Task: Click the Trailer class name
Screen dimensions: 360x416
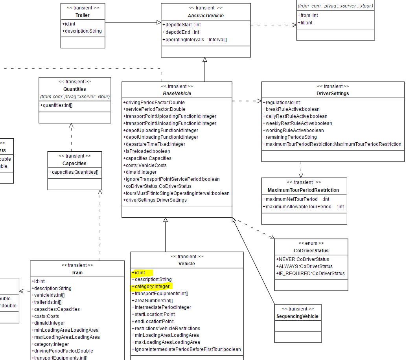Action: [83, 15]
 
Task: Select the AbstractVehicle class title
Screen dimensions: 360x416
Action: [206, 15]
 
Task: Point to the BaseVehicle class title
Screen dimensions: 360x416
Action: [177, 94]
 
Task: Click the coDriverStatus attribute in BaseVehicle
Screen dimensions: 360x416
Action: [157, 186]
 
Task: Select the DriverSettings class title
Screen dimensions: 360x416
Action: [333, 94]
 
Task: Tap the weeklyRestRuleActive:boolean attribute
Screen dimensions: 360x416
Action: [297, 123]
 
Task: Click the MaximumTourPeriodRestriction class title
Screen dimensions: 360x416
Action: [303, 190]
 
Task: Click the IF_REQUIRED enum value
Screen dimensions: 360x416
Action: [310, 274]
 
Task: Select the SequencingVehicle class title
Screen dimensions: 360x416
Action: [297, 316]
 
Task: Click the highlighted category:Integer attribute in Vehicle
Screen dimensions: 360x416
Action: [151, 287]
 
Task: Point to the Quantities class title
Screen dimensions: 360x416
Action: [74, 89]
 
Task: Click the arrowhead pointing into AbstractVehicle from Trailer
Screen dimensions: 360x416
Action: [158, 22]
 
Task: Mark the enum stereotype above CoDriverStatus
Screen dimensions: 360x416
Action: [311, 243]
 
